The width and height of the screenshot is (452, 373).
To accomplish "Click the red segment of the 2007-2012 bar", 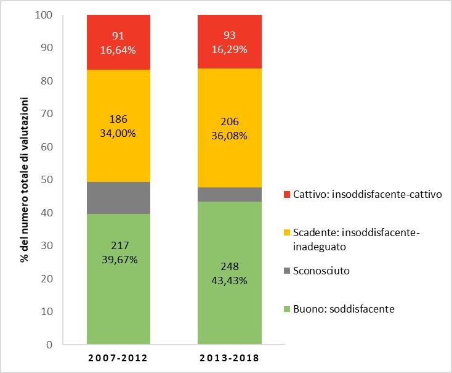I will coord(118,42).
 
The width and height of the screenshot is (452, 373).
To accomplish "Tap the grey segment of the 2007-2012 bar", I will coord(118,197).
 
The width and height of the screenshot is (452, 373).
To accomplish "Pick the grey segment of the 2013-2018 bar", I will coord(229,194).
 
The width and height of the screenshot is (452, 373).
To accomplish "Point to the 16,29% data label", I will coord(229,49).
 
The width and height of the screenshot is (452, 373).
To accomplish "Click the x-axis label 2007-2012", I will coord(118,358).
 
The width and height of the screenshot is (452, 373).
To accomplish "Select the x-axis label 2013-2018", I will coord(229,358).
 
